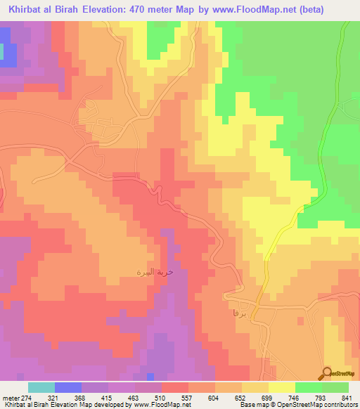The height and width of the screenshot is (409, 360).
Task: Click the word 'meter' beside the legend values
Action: [x=9, y=398]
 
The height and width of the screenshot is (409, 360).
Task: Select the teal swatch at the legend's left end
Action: [x=41, y=387]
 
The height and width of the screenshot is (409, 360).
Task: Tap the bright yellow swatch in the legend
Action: [x=282, y=387]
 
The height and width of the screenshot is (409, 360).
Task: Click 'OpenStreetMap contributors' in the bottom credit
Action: [x=325, y=405]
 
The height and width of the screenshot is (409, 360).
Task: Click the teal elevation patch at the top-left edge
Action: [x=8, y=52]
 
